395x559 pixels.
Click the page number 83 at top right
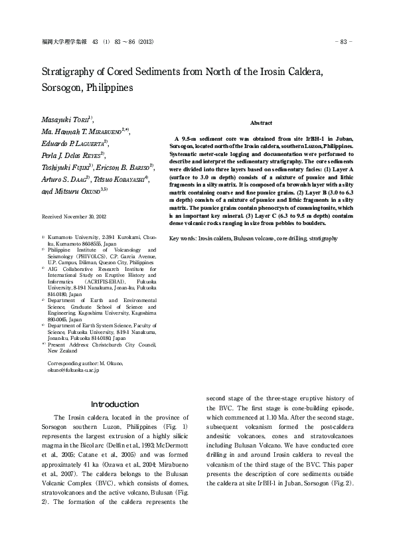(x=345, y=42)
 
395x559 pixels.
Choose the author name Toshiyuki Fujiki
(x=64, y=167)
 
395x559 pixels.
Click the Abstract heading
(x=261, y=123)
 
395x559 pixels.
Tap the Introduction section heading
(x=115, y=404)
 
